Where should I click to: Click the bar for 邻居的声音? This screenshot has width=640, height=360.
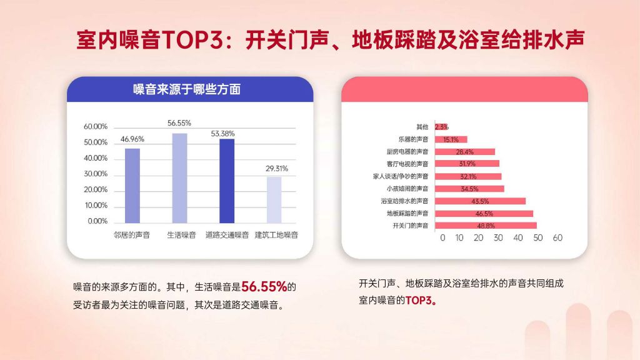132,186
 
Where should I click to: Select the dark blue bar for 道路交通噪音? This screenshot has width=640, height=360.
227,181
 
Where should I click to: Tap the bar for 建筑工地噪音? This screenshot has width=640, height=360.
274,200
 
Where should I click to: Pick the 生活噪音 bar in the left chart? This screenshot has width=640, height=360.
179,178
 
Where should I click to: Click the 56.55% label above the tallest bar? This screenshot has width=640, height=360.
179,123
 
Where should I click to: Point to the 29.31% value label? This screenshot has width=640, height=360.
277,169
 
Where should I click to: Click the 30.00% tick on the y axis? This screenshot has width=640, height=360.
96,174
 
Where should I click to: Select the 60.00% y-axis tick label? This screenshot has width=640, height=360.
96,126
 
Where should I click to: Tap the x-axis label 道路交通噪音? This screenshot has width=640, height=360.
227,235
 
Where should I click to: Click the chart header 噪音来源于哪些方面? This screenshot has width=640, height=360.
187,89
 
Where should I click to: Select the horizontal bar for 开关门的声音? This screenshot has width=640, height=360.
486,226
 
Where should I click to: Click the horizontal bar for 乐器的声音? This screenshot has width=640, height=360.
451,139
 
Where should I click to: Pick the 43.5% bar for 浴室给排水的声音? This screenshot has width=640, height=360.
481,201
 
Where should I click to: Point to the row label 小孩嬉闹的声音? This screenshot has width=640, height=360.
407,189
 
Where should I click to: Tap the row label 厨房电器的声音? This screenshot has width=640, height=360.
407,152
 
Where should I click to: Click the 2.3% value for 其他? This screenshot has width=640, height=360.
442,127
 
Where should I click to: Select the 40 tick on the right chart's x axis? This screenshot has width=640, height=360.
518,238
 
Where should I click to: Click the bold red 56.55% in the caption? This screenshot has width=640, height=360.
264,286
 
